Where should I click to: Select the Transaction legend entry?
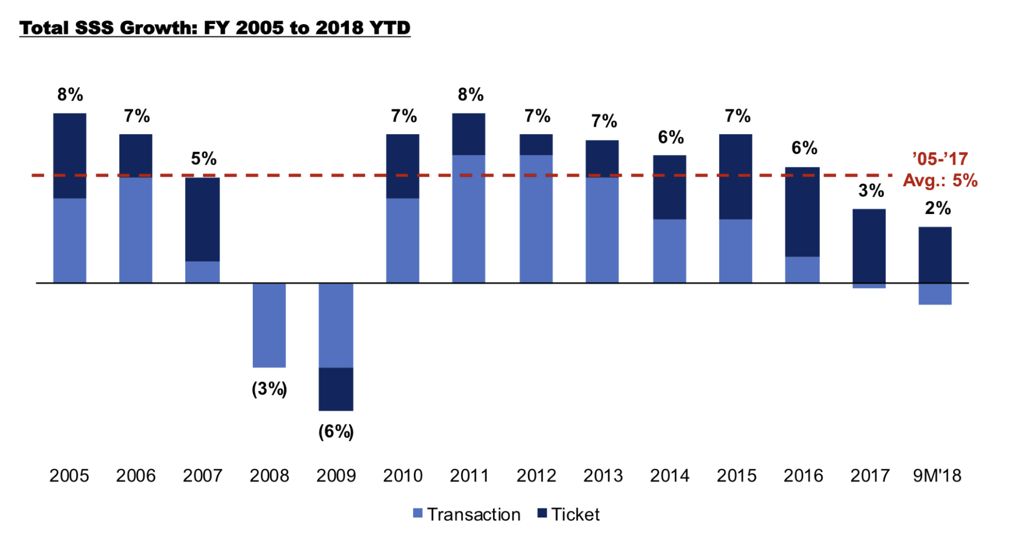466,514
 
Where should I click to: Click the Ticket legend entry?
569,514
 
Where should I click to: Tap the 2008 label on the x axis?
269,475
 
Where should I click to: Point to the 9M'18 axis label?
937,475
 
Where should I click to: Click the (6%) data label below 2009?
336,431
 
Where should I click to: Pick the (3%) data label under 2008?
269,389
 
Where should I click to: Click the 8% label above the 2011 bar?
470,94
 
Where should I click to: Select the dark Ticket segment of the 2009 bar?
336,389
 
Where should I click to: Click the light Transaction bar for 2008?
269,325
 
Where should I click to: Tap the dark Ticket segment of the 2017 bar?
869,245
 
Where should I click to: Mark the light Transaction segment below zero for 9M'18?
935,294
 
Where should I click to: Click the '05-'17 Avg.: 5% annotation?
940,170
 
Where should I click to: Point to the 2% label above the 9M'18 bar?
938,208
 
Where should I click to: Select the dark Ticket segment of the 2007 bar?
203,219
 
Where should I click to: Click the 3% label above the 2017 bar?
871,190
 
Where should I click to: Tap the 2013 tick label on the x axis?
603,475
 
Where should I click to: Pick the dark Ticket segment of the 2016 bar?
802,212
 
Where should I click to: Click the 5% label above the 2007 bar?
204,159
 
